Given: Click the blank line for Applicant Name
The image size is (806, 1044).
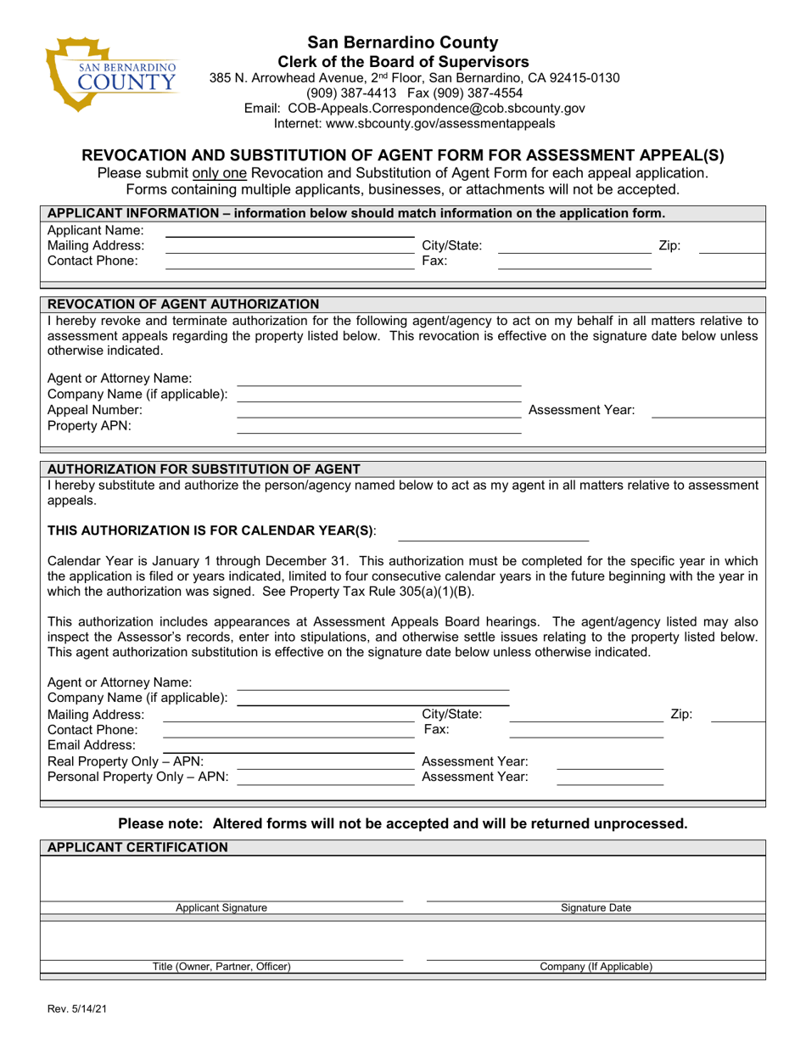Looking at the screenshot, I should (288, 231).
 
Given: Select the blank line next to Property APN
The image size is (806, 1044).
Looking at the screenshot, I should (378, 427).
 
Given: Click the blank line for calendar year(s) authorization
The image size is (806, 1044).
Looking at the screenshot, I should (493, 535).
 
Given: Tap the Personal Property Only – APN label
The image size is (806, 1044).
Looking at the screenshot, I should (138, 776).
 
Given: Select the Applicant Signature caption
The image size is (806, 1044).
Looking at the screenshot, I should (221, 907).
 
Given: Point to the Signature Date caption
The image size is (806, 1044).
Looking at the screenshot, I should (596, 907).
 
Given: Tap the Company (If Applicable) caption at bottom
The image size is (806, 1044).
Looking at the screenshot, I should (596, 967).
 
